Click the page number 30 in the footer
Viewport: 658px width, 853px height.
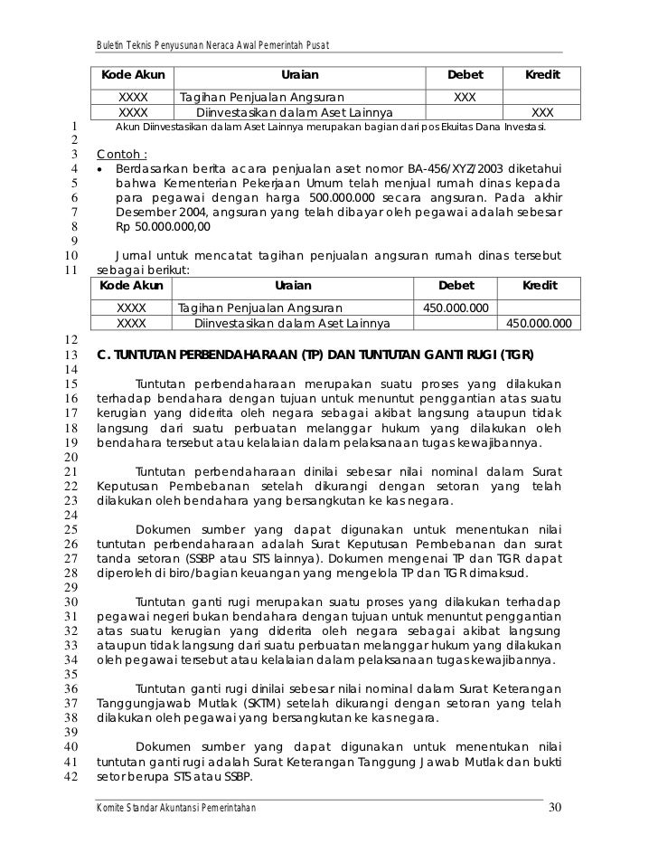coord(555,807)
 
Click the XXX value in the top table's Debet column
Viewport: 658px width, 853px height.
coord(465,96)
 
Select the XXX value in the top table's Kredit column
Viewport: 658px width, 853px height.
coord(542,112)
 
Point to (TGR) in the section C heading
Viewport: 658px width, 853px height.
coord(516,354)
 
